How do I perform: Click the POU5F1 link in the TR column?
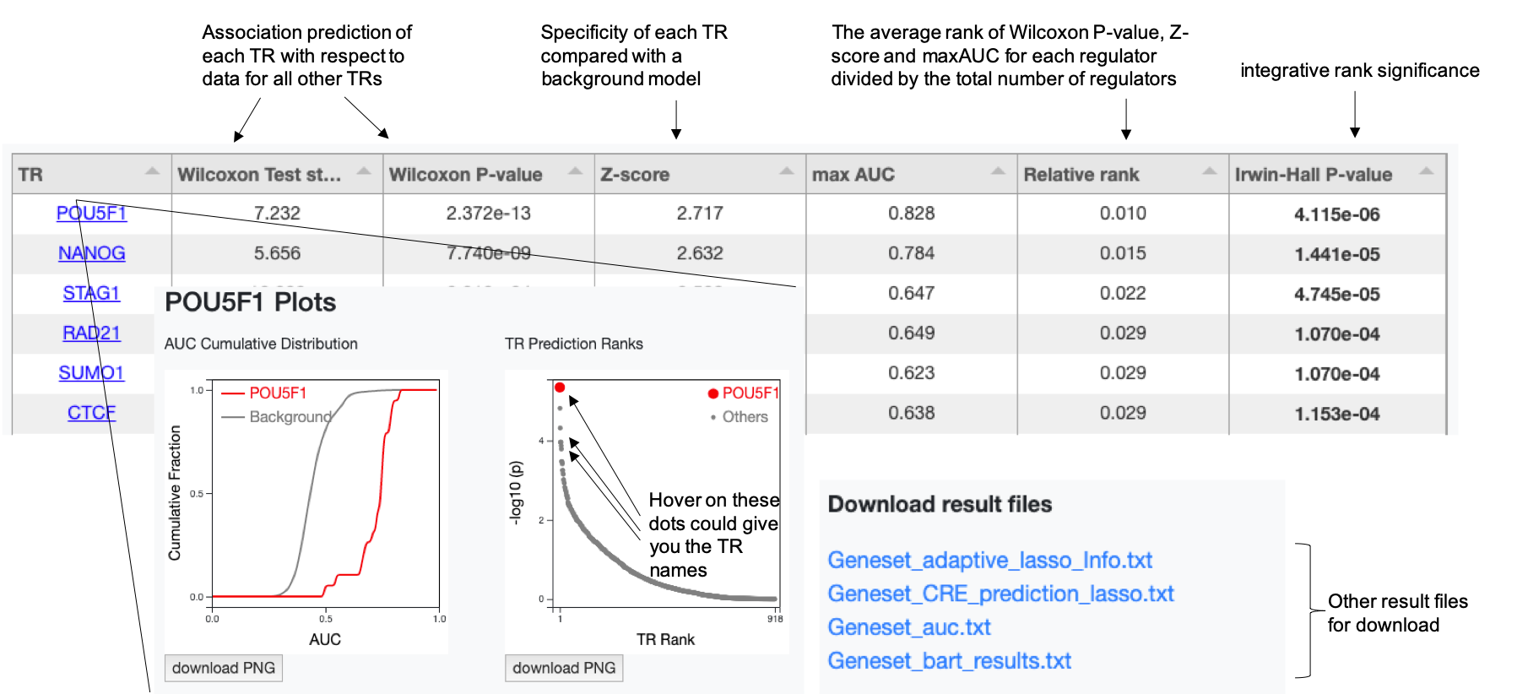(x=91, y=214)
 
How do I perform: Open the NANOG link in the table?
(x=91, y=253)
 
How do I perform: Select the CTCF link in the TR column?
(x=91, y=413)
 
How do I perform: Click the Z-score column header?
(x=635, y=175)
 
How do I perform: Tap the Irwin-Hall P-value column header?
(x=1313, y=175)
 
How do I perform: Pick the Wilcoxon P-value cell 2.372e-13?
(x=488, y=214)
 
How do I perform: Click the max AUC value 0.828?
(x=911, y=214)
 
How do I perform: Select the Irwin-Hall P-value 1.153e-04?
(x=1336, y=414)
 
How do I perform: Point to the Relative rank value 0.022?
(x=1122, y=294)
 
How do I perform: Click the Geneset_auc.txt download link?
(x=908, y=627)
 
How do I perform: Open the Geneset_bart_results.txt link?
(x=949, y=661)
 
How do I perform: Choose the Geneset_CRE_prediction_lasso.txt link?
(x=1000, y=594)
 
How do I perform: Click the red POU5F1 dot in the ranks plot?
(x=560, y=388)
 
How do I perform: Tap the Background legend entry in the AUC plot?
(x=290, y=417)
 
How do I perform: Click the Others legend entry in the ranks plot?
(x=745, y=417)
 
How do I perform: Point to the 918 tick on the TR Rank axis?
(x=775, y=619)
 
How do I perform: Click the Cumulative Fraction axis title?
(x=175, y=493)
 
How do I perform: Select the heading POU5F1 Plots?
(x=250, y=303)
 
